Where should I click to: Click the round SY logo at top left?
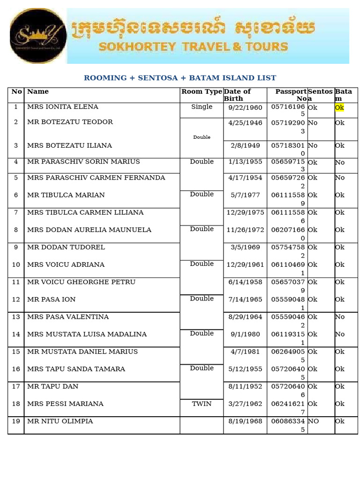pos(37,36)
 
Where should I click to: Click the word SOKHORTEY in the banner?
pos(136,47)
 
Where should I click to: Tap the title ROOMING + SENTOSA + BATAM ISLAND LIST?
pos(180,78)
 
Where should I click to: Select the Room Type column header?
pos(202,92)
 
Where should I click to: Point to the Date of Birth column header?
pos(237,95)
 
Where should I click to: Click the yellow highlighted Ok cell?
pos(339,107)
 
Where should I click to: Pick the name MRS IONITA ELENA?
pos(63,107)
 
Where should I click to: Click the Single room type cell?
pos(202,107)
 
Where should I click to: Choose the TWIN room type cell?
pos(202,404)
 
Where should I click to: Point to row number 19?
pos(16,421)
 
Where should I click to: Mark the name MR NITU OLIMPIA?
pos(60,421)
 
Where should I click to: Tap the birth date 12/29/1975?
pos(245,212)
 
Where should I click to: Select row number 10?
pos(16,264)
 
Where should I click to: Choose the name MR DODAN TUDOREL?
pos(66,247)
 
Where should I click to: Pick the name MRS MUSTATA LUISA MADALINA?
pos(87,334)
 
